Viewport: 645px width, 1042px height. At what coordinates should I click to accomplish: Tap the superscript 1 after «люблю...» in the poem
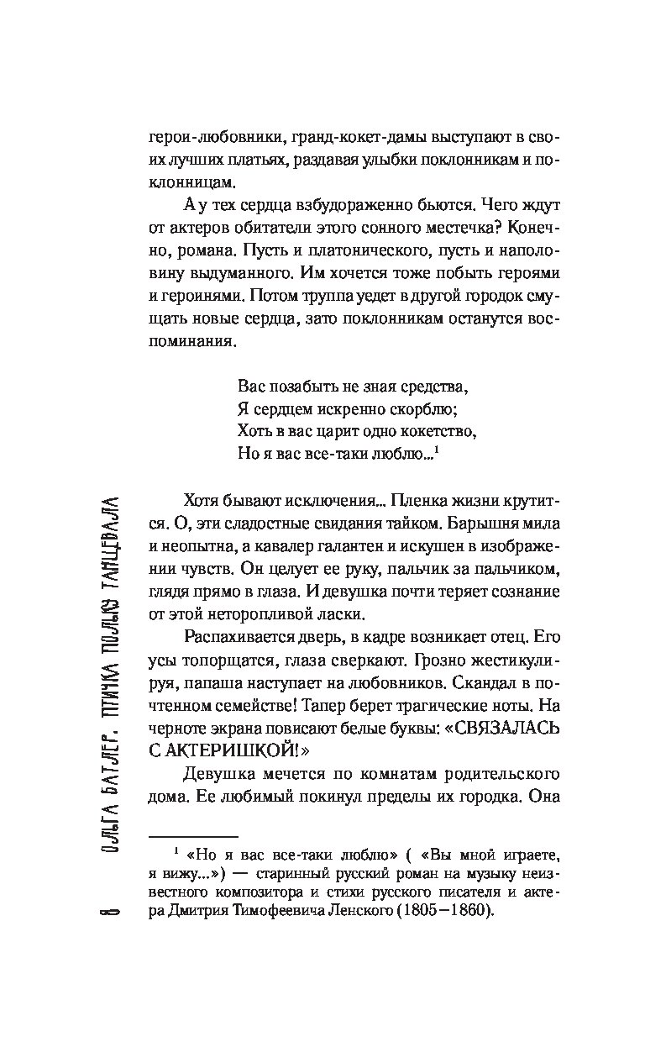click(x=439, y=451)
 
